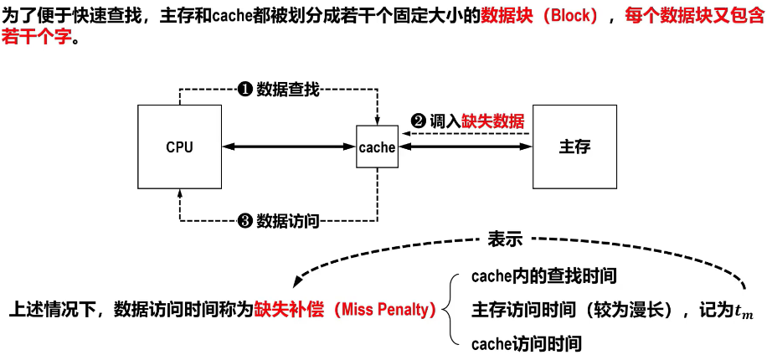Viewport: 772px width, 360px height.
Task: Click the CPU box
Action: (179, 147)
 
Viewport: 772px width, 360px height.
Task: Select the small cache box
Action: (377, 147)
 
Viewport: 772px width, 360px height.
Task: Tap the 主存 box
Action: (574, 147)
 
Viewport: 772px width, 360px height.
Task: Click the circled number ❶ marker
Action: (245, 89)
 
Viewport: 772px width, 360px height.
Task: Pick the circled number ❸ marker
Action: (245, 221)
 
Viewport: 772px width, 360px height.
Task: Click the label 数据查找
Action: (287, 89)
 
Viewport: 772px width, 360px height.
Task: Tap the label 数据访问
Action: (287, 221)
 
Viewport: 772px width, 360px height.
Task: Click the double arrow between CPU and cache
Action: (290, 147)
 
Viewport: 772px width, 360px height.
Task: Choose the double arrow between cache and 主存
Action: (465, 147)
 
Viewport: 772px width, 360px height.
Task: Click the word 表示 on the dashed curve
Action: (505, 239)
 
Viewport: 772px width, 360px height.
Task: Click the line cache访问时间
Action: (526, 343)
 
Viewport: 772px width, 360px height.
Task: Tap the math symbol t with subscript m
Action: (744, 311)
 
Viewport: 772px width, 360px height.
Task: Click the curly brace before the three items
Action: (453, 309)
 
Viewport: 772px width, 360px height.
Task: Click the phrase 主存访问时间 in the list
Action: (517, 309)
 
